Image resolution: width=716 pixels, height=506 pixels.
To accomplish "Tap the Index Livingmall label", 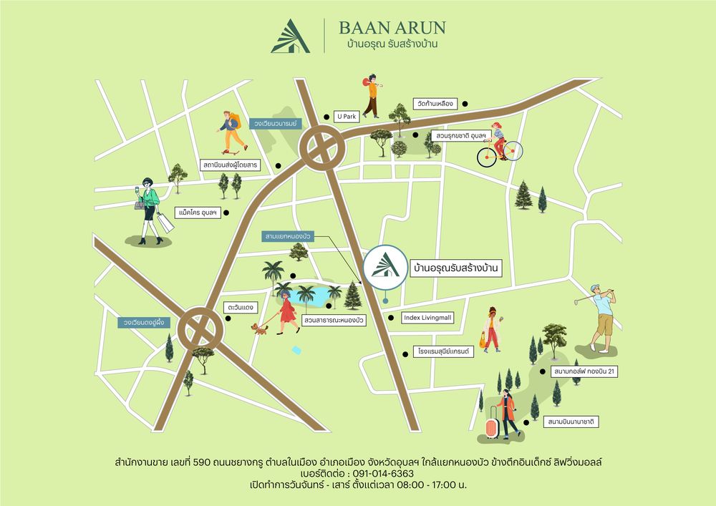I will [x=427, y=318].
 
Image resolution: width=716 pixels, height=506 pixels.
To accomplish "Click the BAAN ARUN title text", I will [x=392, y=28].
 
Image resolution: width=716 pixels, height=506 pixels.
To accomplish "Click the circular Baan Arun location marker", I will [x=384, y=267].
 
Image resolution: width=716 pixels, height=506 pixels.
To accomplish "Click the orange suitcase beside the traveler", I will [x=492, y=427].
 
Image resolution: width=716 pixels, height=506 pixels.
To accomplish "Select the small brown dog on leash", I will [x=258, y=329].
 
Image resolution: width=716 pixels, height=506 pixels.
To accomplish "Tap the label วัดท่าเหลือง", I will [x=435, y=104].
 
